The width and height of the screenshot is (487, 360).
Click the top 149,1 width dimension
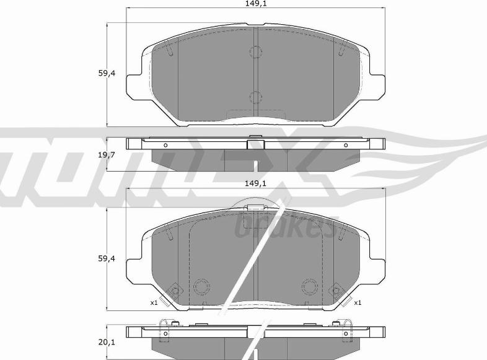(x=256, y=4)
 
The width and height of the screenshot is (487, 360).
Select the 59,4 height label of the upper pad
(x=107, y=74)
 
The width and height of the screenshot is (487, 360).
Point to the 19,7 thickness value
(x=107, y=154)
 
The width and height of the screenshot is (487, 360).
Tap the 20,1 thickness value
(x=107, y=342)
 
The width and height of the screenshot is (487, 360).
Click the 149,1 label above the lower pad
(x=256, y=183)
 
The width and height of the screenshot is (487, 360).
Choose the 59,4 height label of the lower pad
(x=107, y=258)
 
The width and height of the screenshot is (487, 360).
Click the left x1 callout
(x=154, y=302)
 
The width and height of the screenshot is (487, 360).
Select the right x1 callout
(x=358, y=302)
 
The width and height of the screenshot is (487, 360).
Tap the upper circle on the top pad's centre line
(x=256, y=52)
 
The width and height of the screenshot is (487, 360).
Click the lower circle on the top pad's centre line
(x=256, y=97)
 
